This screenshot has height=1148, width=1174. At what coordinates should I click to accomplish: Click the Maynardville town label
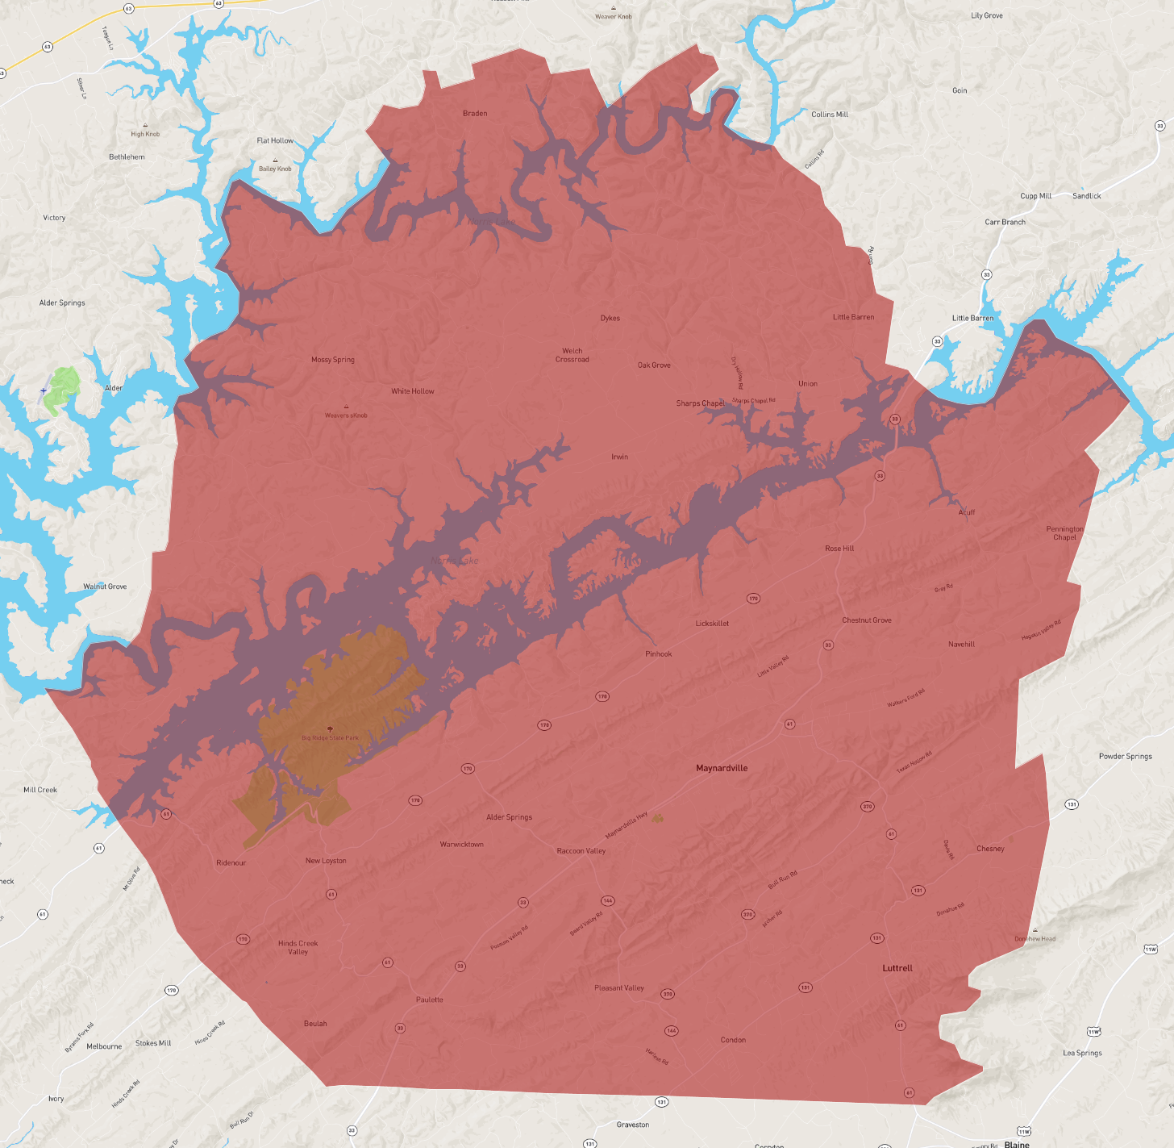coord(722,768)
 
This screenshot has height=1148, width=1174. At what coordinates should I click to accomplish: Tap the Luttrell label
coord(897,968)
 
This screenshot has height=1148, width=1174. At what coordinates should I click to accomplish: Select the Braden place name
coord(475,114)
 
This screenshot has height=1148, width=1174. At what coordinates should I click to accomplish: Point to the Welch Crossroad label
coord(572,355)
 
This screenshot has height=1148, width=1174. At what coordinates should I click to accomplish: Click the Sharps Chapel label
coord(700,403)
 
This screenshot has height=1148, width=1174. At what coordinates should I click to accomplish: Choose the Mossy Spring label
coord(333,360)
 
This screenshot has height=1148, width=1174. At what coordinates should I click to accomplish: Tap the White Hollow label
coord(413,391)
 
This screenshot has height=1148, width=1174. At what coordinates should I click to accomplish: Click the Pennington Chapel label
coord(1064,533)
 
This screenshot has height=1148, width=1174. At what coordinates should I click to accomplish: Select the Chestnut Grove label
coord(867,620)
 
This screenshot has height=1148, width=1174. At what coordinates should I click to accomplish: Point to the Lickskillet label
coord(712,624)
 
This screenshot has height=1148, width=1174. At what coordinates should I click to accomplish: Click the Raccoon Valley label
coord(581,851)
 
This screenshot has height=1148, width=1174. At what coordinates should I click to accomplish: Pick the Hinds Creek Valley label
coord(298,947)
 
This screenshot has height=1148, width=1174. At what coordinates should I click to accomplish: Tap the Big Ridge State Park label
coord(330,737)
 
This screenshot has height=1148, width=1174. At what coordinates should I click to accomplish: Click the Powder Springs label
coord(1125,757)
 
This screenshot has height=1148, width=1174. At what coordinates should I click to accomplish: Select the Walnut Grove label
coord(105,587)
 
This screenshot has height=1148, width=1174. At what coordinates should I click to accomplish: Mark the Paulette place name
coord(430,1000)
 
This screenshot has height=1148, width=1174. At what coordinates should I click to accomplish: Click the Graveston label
coord(633,1125)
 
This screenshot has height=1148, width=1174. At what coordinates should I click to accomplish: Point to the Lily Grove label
coord(987,15)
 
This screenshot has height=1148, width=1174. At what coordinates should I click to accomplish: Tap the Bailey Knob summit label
coord(275,169)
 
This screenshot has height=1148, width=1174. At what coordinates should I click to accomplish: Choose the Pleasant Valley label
coord(619,988)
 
